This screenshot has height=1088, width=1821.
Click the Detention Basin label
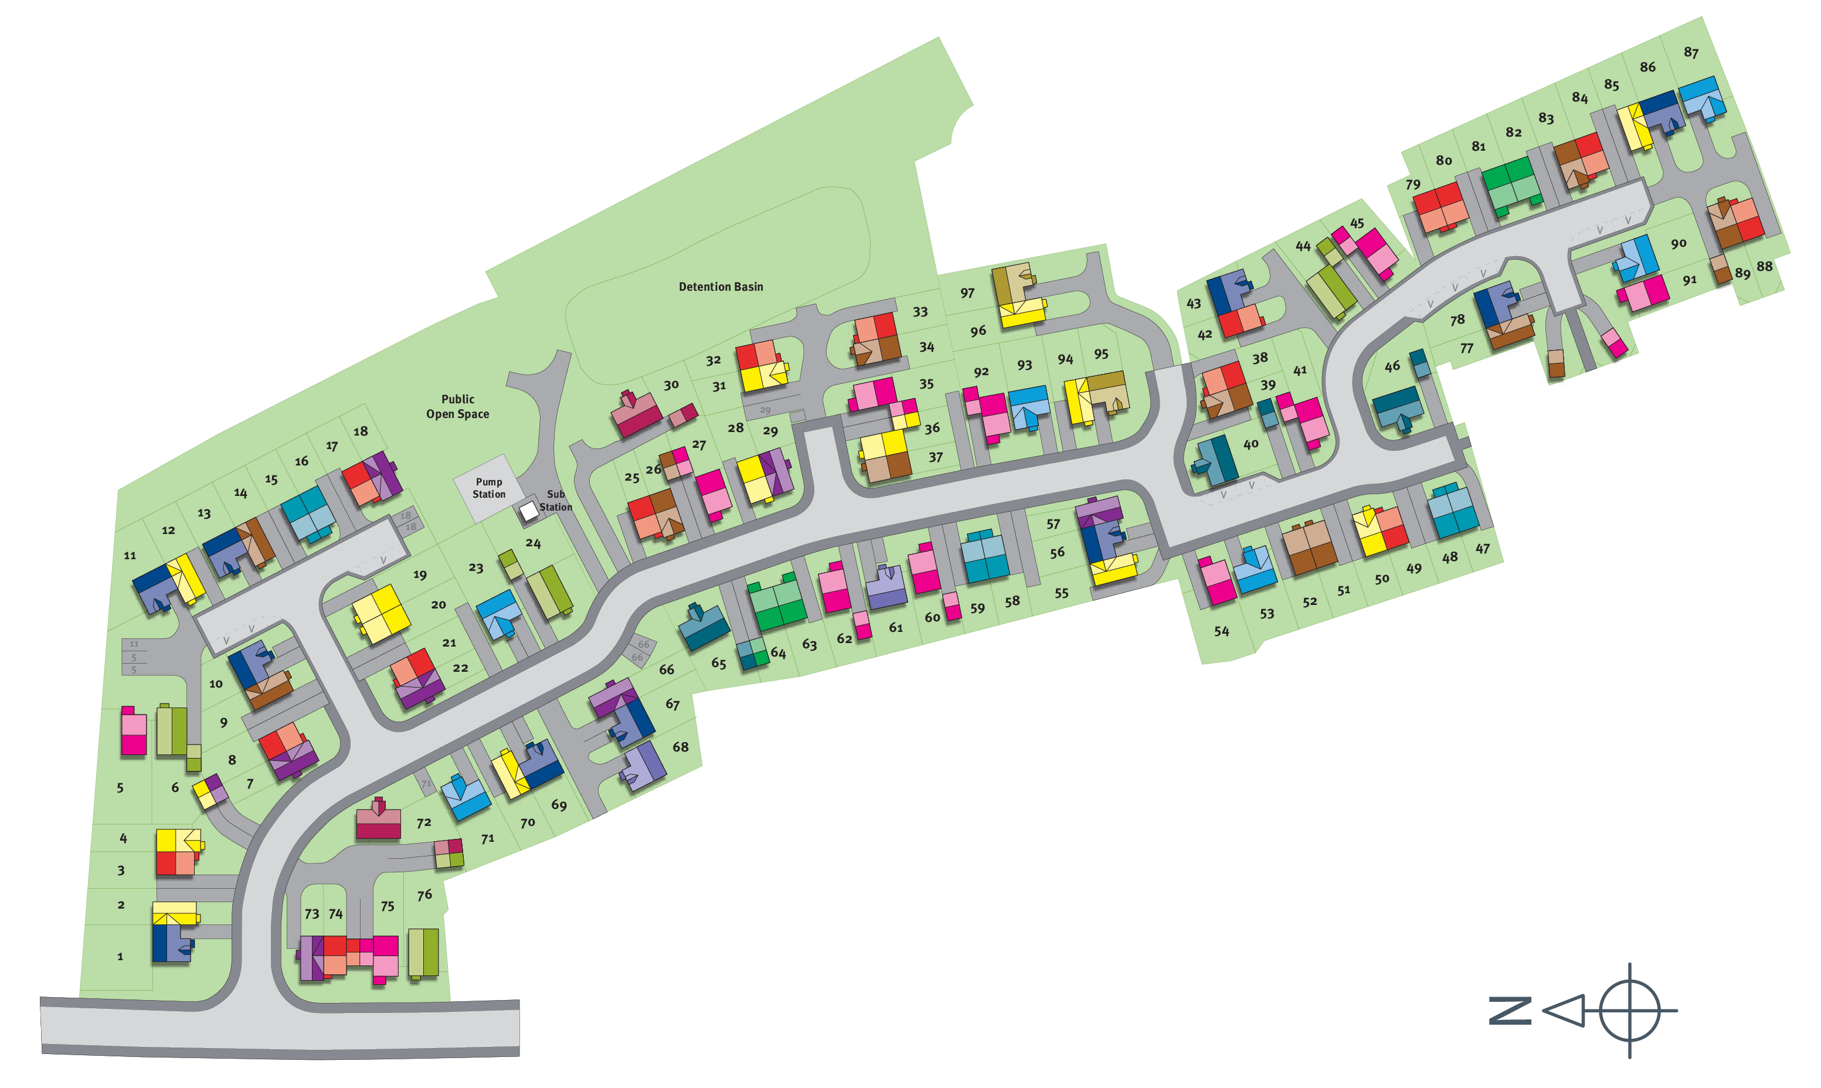click(721, 287)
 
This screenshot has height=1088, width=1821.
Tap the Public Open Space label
click(457, 406)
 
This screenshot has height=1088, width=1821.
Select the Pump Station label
click(489, 488)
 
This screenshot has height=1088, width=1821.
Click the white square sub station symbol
click(529, 511)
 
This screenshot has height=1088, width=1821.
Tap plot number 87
click(1690, 53)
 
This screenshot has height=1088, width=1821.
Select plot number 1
click(120, 956)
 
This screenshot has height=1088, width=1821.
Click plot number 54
click(1221, 631)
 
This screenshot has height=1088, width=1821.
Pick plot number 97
click(968, 293)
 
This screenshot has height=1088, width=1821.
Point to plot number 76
click(424, 895)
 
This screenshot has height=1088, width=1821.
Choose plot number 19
click(419, 575)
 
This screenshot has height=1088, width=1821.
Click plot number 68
click(680, 746)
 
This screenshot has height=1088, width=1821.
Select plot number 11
click(130, 555)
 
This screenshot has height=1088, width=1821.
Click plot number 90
click(1678, 243)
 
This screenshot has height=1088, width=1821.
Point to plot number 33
click(920, 312)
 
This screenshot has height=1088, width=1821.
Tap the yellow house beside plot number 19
click(381, 614)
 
